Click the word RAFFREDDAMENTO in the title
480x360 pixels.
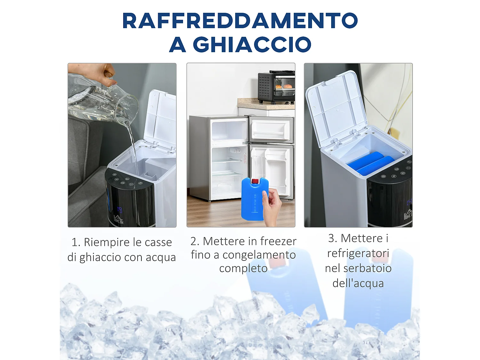240,21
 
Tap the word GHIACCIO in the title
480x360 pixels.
252,44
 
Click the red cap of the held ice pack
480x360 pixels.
255,182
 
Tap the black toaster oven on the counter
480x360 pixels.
276,87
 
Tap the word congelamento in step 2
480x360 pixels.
259,255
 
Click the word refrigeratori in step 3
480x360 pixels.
358,253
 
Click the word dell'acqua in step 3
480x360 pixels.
358,283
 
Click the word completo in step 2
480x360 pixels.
243,268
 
